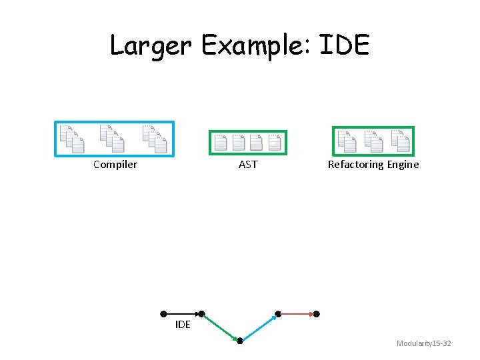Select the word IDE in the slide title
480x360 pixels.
pyautogui.click(x=344, y=45)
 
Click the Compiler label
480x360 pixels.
pyautogui.click(x=115, y=165)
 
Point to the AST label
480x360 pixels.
pyautogui.click(x=248, y=165)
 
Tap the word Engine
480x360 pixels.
pyautogui.click(x=403, y=165)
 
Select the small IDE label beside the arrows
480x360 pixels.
pyautogui.click(x=183, y=325)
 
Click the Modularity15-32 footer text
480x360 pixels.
pyautogui.click(x=424, y=343)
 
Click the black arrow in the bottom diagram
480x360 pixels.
pyautogui.click(x=181, y=313)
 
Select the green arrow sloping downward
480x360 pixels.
pyautogui.click(x=220, y=327)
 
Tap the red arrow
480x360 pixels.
pyautogui.click(x=297, y=313)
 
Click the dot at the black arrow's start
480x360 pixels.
pyautogui.click(x=163, y=313)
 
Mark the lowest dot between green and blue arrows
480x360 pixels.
pyautogui.click(x=240, y=341)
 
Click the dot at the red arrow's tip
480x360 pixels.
pyautogui.click(x=317, y=313)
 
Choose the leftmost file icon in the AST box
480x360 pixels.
pyautogui.click(x=221, y=142)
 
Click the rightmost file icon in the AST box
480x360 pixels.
pyautogui.click(x=275, y=142)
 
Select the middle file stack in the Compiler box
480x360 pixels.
pyautogui.click(x=111, y=138)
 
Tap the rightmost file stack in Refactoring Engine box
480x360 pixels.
pyautogui.click(x=399, y=140)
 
